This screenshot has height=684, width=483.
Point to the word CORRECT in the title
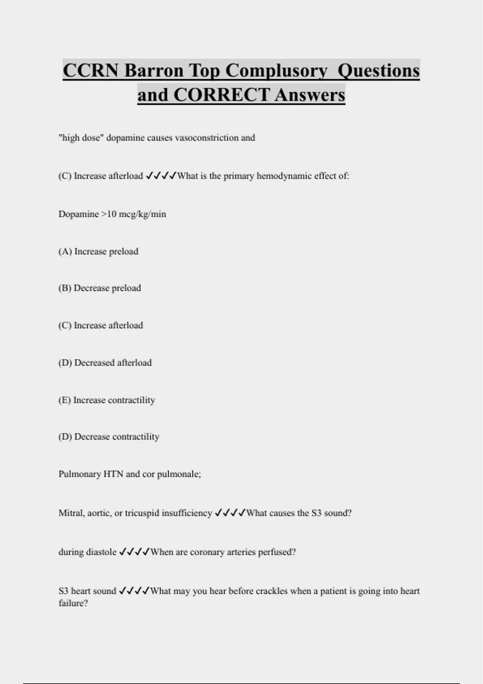click(222, 95)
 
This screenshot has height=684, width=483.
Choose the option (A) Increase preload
click(99, 251)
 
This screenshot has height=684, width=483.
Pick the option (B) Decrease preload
click(100, 288)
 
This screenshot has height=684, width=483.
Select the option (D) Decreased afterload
click(105, 363)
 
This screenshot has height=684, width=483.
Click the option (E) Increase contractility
click(107, 400)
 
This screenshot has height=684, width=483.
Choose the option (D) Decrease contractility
click(109, 437)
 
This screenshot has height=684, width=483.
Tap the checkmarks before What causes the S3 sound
click(230, 513)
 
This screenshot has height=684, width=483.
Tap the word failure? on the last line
click(73, 603)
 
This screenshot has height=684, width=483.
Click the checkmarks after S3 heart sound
click(134, 591)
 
